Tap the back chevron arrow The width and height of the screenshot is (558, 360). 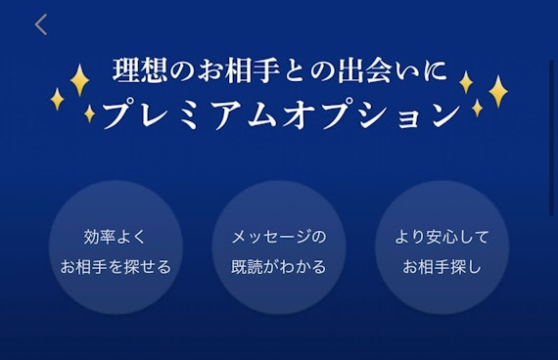40,25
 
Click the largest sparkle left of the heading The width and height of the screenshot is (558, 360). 79,79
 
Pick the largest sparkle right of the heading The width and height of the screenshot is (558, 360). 497,91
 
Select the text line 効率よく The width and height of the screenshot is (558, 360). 116,237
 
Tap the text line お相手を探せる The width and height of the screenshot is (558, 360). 116,266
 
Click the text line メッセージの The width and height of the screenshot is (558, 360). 278,237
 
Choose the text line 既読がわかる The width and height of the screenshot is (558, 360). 278,266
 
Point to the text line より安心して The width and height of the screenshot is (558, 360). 442,237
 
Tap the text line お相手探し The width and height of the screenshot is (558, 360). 442,266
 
